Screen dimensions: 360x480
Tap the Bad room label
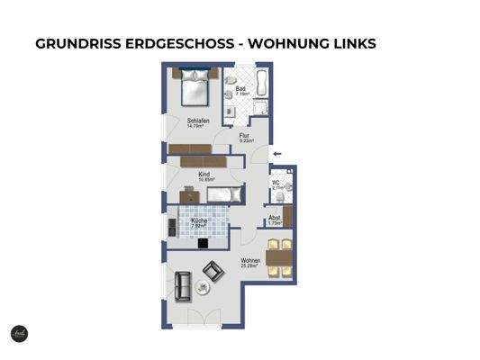tap(240, 90)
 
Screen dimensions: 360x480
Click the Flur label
tap(245, 138)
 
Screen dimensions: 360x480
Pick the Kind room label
tap(205, 175)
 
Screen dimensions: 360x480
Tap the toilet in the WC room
tap(290, 189)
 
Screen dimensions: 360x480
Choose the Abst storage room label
tap(275, 219)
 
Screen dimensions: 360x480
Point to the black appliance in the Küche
tap(204, 243)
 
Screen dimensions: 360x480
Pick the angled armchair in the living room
tap(214, 270)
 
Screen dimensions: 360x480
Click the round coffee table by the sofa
tap(202, 288)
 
